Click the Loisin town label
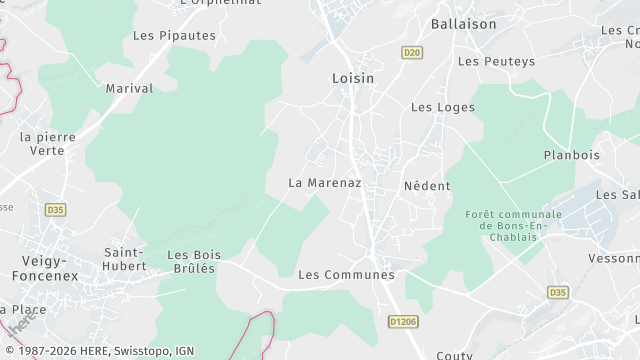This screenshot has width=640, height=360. tap(353, 76)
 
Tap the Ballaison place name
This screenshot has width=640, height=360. tap(464, 22)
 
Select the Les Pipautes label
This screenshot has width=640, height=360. tap(174, 35)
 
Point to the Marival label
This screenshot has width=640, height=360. tap(130, 88)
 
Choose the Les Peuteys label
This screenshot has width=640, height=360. tap(496, 61)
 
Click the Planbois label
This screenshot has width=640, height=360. tap(571, 155)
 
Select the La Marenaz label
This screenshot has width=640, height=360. tap(324, 183)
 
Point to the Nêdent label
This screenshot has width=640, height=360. tap(427, 186)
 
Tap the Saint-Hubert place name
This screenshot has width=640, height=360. tap(125, 259)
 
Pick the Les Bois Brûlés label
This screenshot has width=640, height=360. tap(191, 261)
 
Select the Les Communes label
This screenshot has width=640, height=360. tap(346, 274)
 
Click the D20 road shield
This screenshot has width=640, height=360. tap(411, 51)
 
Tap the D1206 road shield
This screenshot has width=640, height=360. tap(402, 320)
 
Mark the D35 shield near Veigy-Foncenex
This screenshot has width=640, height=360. tap(56, 210)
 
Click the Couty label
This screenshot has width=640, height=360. tap(455, 354)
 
